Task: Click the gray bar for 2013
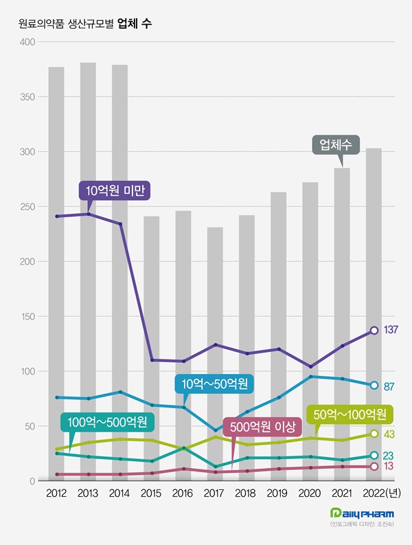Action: (88, 271)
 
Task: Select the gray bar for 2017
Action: (215, 354)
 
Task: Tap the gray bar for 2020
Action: (310, 331)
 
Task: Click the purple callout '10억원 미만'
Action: (115, 190)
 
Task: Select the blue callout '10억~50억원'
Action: (214, 383)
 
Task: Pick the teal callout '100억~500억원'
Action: (107, 422)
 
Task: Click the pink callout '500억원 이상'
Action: (262, 427)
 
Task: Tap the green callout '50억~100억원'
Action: (350, 414)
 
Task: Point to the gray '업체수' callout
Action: (336, 144)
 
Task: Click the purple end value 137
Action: (391, 329)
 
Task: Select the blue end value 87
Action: (389, 386)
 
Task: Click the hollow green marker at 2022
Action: (374, 434)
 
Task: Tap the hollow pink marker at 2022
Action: (374, 467)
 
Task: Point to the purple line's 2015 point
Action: (152, 360)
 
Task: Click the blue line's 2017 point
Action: (216, 430)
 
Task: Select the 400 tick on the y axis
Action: (27, 42)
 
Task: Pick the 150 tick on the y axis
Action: (27, 316)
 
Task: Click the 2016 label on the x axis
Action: (183, 493)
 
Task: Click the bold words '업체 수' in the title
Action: (135, 23)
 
